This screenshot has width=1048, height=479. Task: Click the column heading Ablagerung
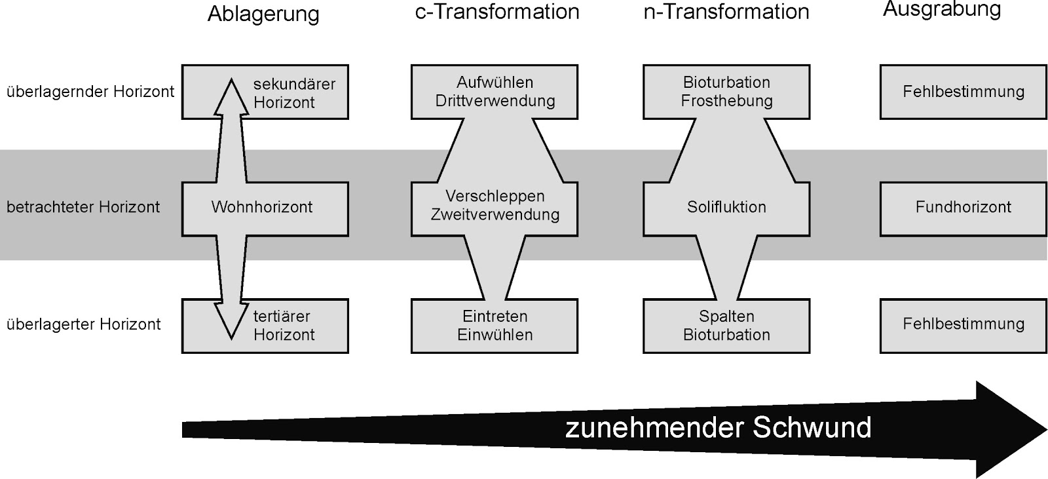(263, 14)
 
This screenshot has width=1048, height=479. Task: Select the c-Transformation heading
(497, 12)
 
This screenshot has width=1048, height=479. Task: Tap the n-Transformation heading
(726, 12)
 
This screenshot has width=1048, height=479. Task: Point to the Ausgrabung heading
(942, 9)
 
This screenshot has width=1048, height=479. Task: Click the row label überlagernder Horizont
(90, 92)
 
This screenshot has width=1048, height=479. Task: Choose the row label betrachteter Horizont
(83, 207)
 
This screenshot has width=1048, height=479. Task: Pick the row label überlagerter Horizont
(83, 324)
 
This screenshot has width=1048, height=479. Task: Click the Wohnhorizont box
(262, 207)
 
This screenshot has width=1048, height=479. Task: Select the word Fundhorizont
(963, 207)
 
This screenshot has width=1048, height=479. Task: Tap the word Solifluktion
(726, 207)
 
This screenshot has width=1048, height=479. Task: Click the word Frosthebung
(726, 101)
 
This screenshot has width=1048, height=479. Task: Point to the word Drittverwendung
(495, 101)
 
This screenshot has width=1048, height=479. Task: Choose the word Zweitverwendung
(495, 215)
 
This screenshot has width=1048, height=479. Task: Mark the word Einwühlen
(495, 335)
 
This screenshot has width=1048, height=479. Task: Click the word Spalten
(726, 316)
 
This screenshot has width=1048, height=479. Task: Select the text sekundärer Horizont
(293, 93)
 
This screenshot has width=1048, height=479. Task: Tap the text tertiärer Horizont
(284, 325)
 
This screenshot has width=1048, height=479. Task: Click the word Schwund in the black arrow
(812, 428)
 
